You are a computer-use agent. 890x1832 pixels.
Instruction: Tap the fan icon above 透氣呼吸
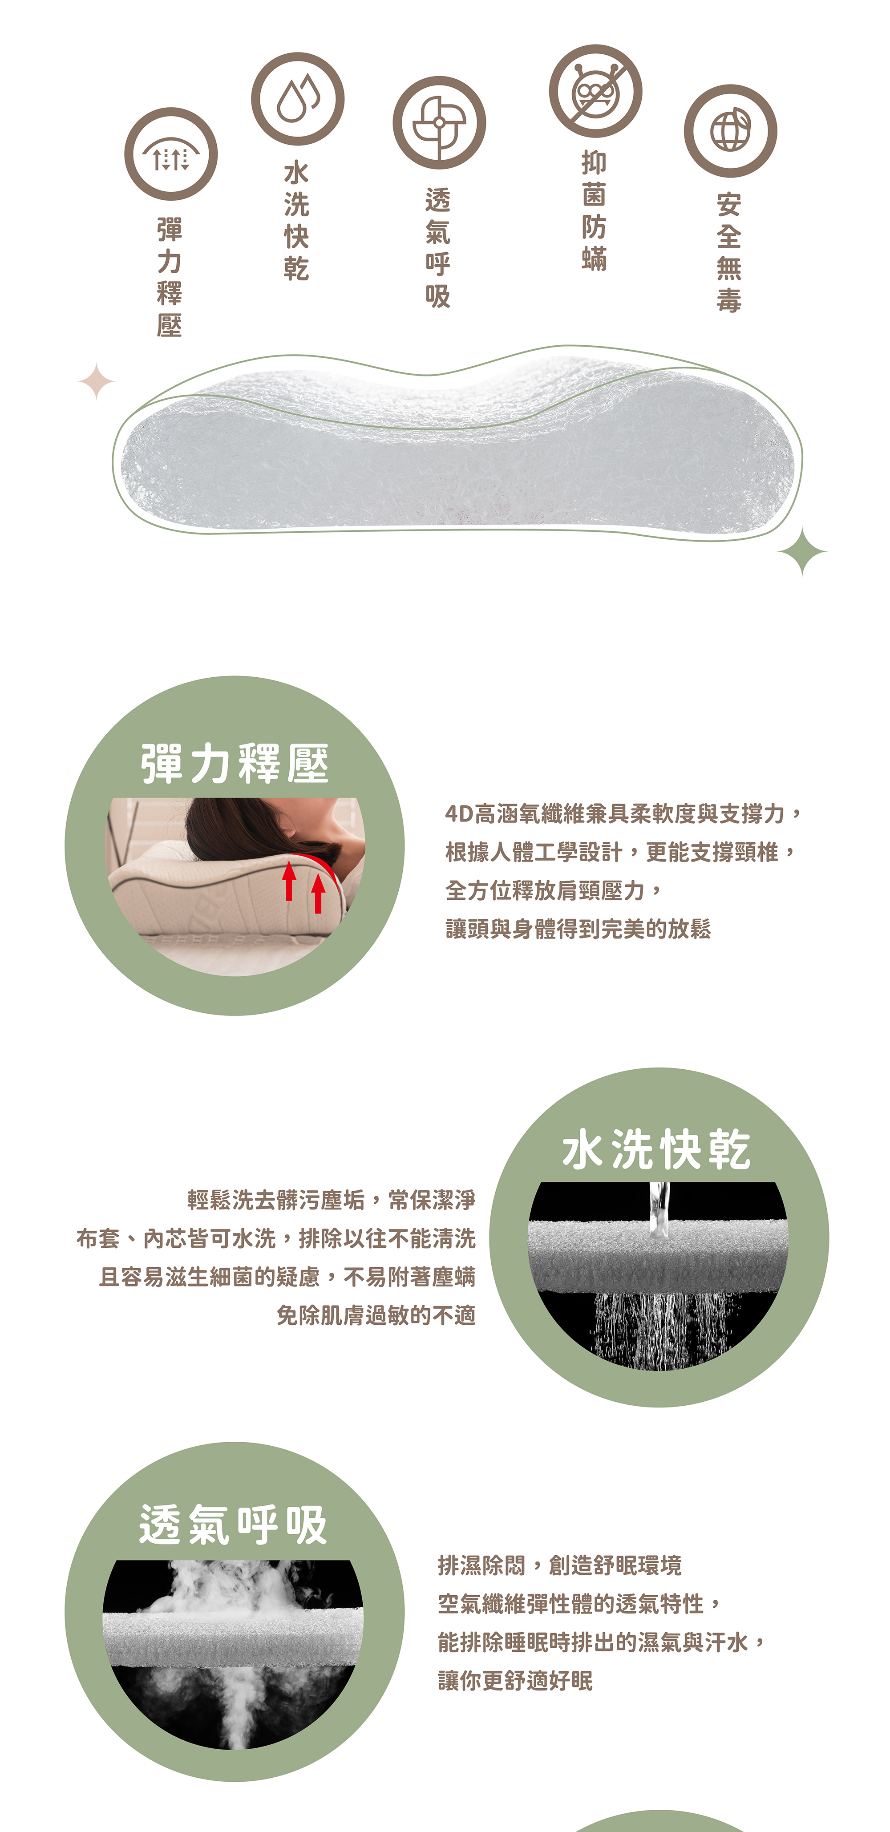(439, 122)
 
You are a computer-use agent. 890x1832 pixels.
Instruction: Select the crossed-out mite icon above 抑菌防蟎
(595, 91)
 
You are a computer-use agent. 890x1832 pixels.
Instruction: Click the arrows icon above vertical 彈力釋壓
(171, 154)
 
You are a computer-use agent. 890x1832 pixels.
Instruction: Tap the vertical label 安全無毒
(729, 252)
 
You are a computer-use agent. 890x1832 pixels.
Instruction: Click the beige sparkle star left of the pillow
(96, 381)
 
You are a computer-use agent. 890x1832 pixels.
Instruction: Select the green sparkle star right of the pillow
(802, 551)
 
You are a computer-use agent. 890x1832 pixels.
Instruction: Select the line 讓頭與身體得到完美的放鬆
(578, 929)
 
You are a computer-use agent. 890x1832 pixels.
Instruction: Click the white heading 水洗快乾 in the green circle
(657, 1150)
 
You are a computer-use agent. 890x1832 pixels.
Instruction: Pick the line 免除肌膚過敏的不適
(376, 1316)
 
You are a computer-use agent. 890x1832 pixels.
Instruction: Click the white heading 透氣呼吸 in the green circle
(233, 1525)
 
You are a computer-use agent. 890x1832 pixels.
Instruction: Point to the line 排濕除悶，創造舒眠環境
(559, 1565)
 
